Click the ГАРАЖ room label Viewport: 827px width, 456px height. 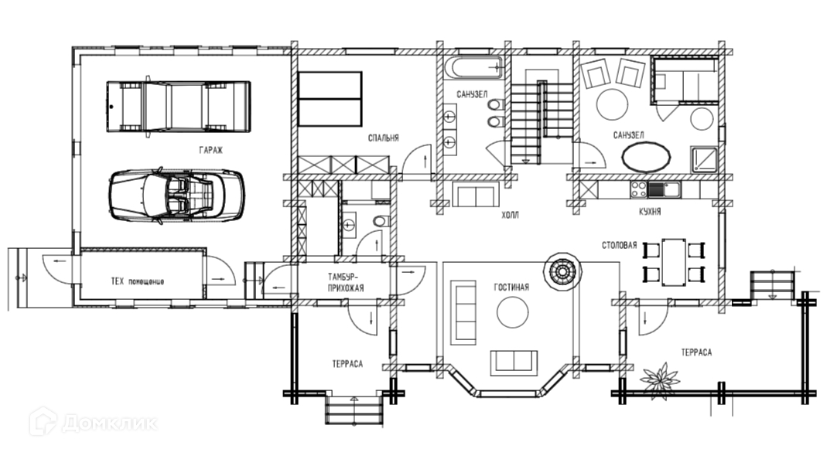click(x=211, y=150)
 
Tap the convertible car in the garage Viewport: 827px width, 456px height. click(x=176, y=195)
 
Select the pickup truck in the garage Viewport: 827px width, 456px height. click(x=179, y=107)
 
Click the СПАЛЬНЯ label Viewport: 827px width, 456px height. click(x=384, y=138)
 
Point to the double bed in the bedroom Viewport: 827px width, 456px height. click(x=330, y=99)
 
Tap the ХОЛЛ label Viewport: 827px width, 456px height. click(x=510, y=215)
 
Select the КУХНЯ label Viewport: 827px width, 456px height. click(x=650, y=212)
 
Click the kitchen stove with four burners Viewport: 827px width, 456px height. click(x=639, y=189)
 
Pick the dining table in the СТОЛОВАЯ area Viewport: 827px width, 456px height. click(x=674, y=262)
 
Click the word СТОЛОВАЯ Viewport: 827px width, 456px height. click(x=619, y=245)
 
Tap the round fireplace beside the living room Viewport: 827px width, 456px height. click(x=562, y=271)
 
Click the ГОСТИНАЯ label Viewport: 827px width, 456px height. click(x=511, y=288)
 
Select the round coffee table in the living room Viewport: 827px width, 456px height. click(x=513, y=312)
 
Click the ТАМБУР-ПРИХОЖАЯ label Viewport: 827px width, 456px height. click(x=346, y=283)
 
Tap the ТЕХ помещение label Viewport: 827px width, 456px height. click(x=137, y=281)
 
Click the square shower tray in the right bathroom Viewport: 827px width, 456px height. click(x=704, y=159)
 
